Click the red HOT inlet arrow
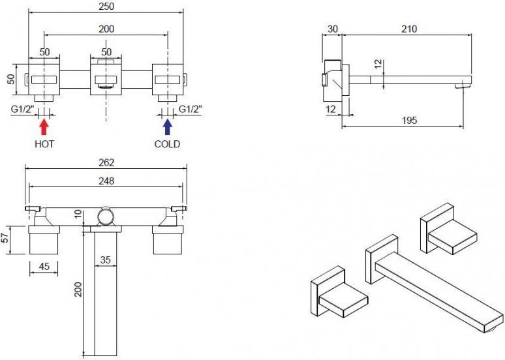point(44,127)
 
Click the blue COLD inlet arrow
point(168,127)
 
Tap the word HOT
point(44,144)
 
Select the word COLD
point(167,144)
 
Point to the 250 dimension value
point(106,7)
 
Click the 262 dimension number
point(106,162)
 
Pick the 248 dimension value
point(106,181)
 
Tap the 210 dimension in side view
point(409,29)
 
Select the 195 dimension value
point(409,121)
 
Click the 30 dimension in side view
point(332,29)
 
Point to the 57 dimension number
point(5,238)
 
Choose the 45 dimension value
point(44,266)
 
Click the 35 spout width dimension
point(105,260)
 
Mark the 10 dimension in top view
point(78,214)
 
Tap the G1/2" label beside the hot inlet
point(23,109)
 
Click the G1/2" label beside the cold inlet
point(191,109)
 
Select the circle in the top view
point(106,217)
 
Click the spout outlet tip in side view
point(463,85)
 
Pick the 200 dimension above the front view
point(106,29)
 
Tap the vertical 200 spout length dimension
point(78,289)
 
